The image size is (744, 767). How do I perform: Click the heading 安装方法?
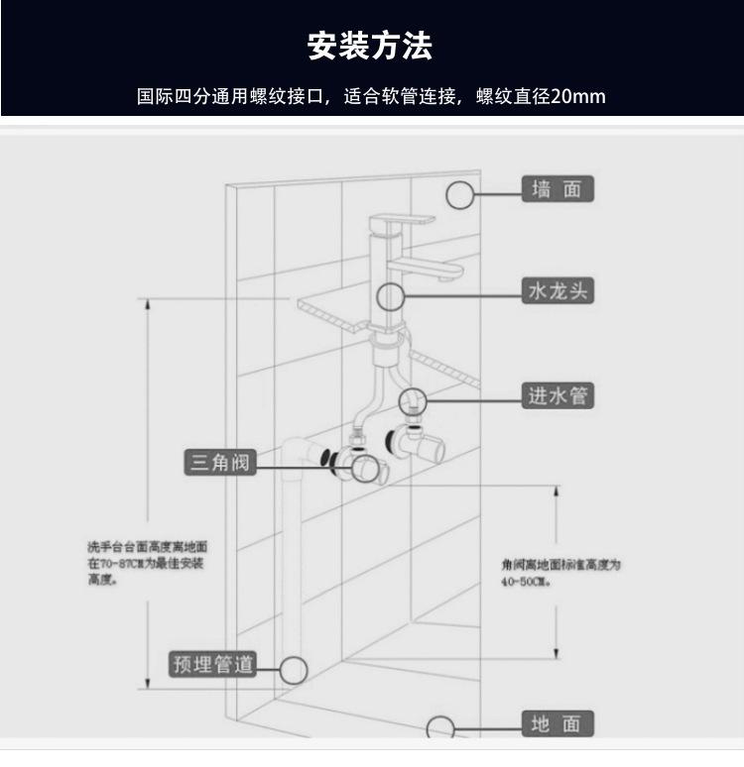pyautogui.click(x=371, y=47)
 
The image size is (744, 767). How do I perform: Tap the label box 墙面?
pyautogui.click(x=557, y=189)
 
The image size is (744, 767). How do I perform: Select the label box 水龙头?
pyautogui.click(x=558, y=291)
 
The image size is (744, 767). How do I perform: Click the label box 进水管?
pyautogui.click(x=558, y=396)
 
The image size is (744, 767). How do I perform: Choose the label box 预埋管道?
pyautogui.click(x=212, y=664)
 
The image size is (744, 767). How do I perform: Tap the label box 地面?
pyautogui.click(x=557, y=724)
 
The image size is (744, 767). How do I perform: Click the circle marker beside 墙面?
pyautogui.click(x=460, y=194)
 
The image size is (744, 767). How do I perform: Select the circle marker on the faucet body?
pyautogui.click(x=390, y=295)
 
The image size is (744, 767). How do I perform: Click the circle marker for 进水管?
pyautogui.click(x=413, y=400)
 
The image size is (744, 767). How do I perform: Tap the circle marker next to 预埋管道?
pyautogui.click(x=293, y=669)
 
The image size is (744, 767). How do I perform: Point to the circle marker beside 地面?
pyautogui.click(x=440, y=728)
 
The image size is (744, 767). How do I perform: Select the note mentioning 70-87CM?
pyautogui.click(x=146, y=563)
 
